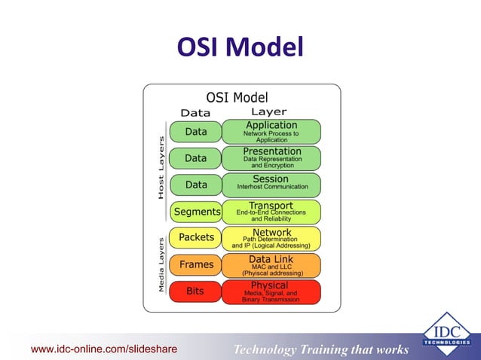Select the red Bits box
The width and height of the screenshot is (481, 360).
(x=195, y=291)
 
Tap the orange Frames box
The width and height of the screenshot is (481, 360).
(x=195, y=264)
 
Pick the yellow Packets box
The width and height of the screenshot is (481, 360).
(x=195, y=237)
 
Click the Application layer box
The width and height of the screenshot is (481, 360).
(x=271, y=132)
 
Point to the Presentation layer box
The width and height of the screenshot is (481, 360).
(x=271, y=158)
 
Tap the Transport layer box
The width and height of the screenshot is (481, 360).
(x=271, y=212)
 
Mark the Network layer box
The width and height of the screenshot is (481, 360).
(x=271, y=238)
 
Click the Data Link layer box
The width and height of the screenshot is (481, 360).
(x=271, y=264)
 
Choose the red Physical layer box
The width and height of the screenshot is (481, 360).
(x=271, y=291)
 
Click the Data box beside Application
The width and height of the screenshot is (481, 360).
(x=195, y=132)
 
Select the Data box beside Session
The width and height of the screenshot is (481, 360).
(x=195, y=185)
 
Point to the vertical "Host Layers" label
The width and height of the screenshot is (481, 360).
(x=161, y=167)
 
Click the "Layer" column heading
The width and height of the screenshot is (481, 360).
(x=268, y=113)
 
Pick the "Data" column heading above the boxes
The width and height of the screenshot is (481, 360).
(x=195, y=113)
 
